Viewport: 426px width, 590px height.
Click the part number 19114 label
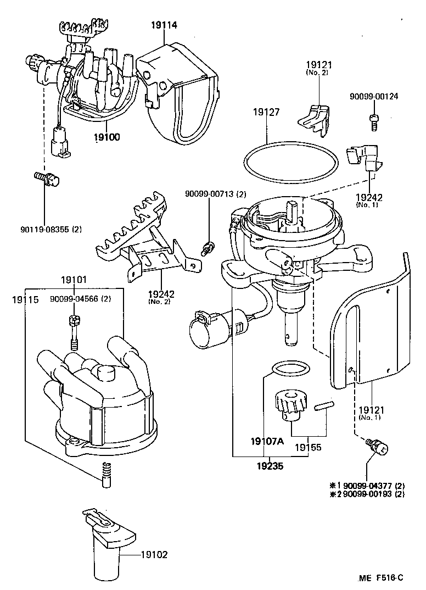click(165, 24)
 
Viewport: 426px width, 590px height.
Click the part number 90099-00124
click(373, 96)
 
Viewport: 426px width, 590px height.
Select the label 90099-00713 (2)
click(215, 193)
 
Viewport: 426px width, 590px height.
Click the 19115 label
click(25, 299)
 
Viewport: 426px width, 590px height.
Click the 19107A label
click(267, 441)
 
